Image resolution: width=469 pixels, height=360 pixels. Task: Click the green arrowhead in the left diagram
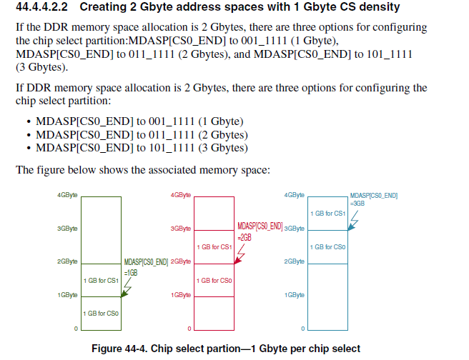coord(124,294)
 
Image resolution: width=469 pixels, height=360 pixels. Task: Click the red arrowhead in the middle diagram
coord(236,261)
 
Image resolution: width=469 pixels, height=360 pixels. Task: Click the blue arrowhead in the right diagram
coord(349,228)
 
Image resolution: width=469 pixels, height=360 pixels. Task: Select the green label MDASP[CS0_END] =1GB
coord(146,266)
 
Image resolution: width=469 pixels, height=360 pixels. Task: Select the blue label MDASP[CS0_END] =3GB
coord(374,199)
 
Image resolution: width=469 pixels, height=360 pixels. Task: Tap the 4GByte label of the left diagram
coord(68,195)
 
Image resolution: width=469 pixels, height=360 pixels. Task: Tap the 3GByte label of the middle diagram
coord(181,229)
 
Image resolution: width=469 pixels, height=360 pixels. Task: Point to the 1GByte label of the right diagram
coord(295,294)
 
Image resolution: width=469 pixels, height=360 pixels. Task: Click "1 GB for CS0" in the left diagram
coord(101,314)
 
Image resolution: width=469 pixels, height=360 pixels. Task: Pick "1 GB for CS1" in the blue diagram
coord(327,214)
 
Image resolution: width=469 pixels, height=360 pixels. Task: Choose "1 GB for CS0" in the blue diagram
coord(327,247)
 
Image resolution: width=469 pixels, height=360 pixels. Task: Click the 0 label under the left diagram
coord(75,329)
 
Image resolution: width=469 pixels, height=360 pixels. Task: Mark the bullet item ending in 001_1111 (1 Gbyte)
coord(139,121)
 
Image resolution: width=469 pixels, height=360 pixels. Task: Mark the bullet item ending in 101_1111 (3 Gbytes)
coord(142,148)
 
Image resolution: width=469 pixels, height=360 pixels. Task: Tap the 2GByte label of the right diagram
coord(295,261)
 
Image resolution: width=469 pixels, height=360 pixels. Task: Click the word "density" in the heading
coord(381,9)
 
